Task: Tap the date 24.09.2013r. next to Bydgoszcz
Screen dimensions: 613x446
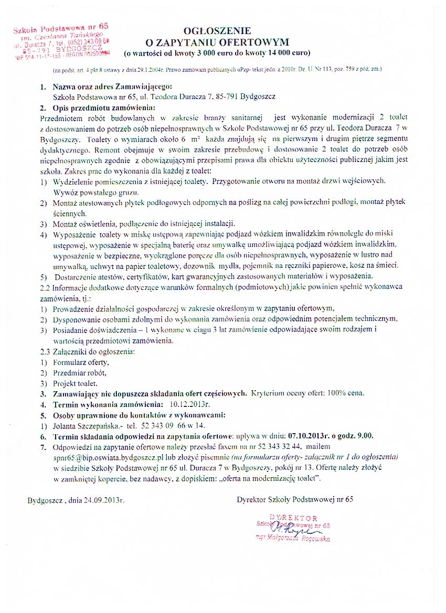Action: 104,500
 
